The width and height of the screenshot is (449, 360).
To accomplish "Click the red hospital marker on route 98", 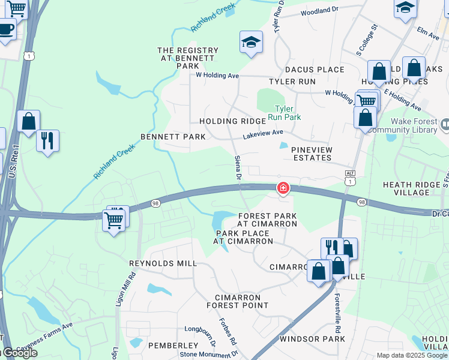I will [x=283, y=188].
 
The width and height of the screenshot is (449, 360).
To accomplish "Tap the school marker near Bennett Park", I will [x=251, y=42].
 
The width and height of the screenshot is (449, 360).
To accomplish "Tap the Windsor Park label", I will [x=312, y=339].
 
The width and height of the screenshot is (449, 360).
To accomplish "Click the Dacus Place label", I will [x=315, y=70].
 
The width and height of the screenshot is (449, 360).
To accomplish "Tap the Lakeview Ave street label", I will [x=262, y=134].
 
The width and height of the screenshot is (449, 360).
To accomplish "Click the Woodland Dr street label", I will [x=320, y=11].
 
